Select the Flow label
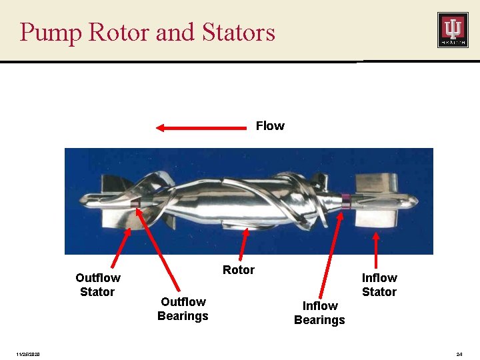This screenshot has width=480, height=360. click(x=270, y=126)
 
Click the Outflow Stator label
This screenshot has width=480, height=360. click(x=97, y=285)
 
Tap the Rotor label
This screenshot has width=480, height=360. click(x=238, y=270)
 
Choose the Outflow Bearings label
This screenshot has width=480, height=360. click(x=183, y=309)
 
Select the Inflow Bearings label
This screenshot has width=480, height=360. click(x=319, y=313)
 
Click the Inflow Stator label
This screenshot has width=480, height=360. click(x=379, y=285)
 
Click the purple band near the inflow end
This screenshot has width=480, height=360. click(x=345, y=197)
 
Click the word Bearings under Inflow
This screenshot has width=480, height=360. click(x=319, y=320)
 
